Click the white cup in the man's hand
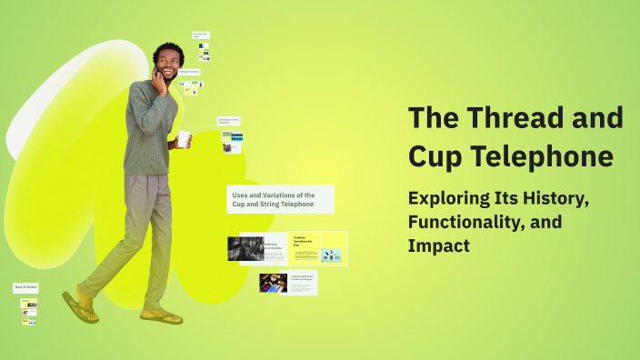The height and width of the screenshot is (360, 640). tap(184, 139)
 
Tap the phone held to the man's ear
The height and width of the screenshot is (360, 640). tap(158, 75)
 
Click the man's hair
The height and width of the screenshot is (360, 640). tap(167, 51)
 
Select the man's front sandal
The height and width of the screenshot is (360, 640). tap(161, 316)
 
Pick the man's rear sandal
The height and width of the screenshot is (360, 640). tap(81, 306)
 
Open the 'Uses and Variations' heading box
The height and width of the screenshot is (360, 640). tap(280, 199)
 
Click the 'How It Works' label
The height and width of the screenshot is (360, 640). tap(25, 287)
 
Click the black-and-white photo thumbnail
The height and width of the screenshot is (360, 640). tap(245, 248)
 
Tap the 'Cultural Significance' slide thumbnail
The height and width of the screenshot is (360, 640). tap(288, 284)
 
